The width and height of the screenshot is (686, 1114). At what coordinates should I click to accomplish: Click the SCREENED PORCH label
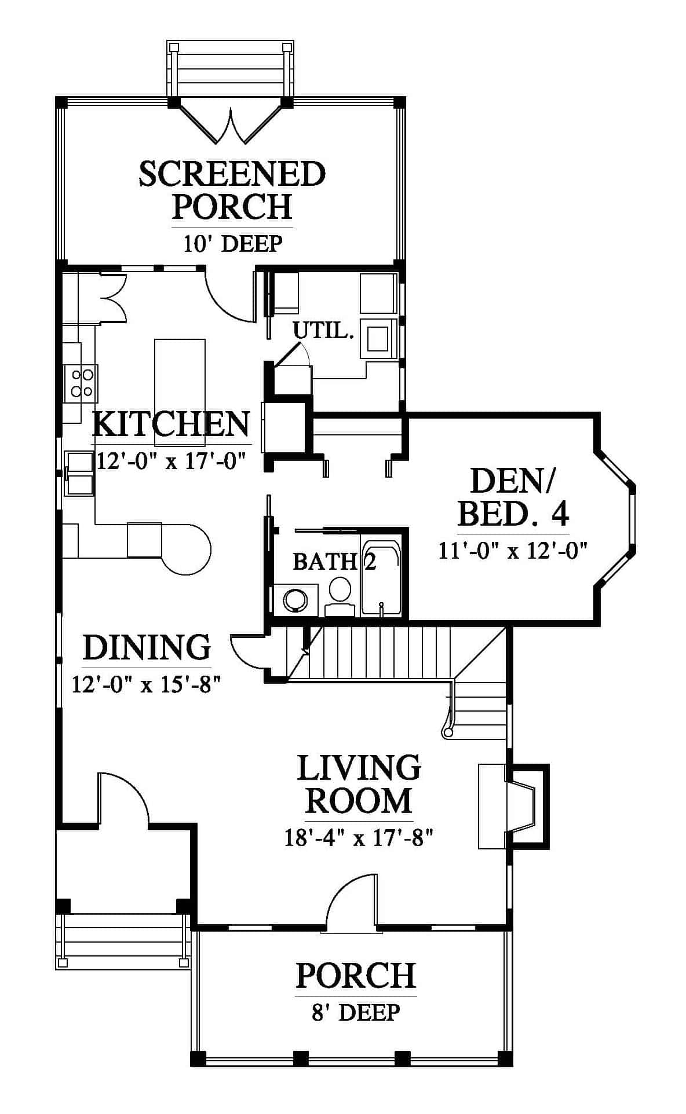pyautogui.click(x=232, y=190)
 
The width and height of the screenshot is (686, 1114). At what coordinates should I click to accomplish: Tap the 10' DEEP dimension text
pyautogui.click(x=233, y=244)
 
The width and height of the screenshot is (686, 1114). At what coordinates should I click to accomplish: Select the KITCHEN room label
pyautogui.click(x=171, y=424)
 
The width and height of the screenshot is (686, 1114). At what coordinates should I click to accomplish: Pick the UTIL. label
pyautogui.click(x=323, y=331)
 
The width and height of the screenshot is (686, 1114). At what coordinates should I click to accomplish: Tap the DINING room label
pyautogui.click(x=147, y=647)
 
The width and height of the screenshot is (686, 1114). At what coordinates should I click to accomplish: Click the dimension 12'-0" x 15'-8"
pyautogui.click(x=147, y=684)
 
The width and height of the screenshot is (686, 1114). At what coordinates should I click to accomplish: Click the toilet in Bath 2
pyautogui.click(x=340, y=596)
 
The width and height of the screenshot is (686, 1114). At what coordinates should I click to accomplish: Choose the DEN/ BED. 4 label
pyautogui.click(x=513, y=496)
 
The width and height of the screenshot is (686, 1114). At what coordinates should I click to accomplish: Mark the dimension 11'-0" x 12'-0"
pyautogui.click(x=513, y=550)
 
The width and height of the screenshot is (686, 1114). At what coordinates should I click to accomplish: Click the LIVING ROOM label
pyautogui.click(x=359, y=784)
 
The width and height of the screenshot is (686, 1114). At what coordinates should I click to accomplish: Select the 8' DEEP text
pyautogui.click(x=356, y=1013)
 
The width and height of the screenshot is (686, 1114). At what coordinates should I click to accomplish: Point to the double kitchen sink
pyautogui.click(x=79, y=473)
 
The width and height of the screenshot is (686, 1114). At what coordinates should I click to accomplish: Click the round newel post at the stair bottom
pyautogui.click(x=448, y=733)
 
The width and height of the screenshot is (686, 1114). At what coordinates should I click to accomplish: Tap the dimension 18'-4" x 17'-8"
pyautogui.click(x=359, y=838)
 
